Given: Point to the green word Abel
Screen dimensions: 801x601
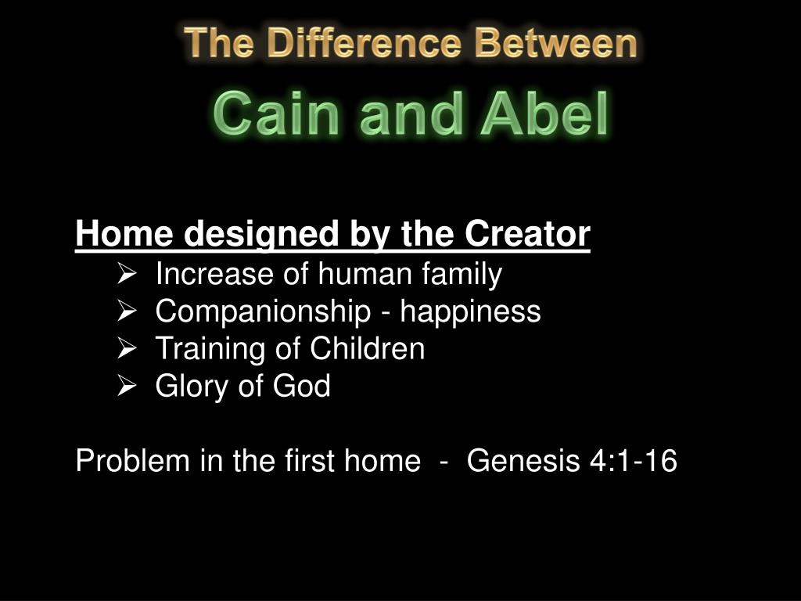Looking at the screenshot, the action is click(x=544, y=113).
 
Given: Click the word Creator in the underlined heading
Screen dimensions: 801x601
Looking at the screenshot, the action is click(x=527, y=233).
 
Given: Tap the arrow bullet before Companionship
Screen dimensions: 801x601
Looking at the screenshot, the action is click(x=127, y=311).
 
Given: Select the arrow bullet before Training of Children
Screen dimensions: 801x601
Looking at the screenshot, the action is click(x=127, y=348).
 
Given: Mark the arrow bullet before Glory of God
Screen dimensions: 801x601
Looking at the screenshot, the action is click(x=127, y=385).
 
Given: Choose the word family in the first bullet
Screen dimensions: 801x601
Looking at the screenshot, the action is click(x=462, y=275).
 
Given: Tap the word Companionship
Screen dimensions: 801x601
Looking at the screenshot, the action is click(x=263, y=311).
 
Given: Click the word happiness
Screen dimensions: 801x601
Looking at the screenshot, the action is click(x=470, y=311).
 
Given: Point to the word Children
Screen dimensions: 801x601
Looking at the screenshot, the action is click(x=368, y=348).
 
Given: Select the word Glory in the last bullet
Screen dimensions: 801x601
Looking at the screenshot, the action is click(x=192, y=387).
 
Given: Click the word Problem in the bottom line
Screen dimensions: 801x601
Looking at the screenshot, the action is click(x=133, y=460).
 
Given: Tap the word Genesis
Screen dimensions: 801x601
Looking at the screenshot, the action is click(x=523, y=460).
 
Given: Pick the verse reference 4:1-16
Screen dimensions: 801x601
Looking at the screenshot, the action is click(x=634, y=460).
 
